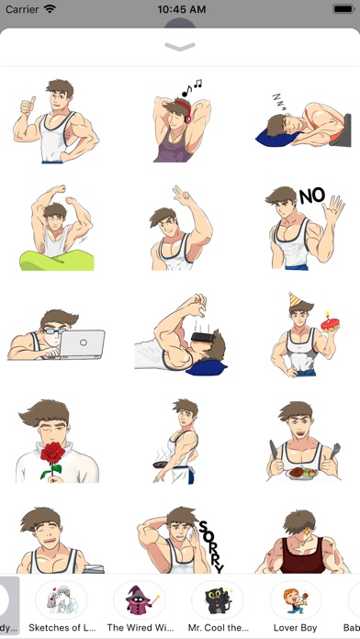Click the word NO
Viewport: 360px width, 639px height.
pyautogui.click(x=312, y=196)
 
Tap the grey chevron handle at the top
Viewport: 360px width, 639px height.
pyautogui.click(x=180, y=45)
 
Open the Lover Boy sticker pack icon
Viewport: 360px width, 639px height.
pyautogui.click(x=296, y=600)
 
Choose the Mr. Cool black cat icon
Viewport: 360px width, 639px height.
pyautogui.click(x=218, y=600)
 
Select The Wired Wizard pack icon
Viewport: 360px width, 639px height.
pyautogui.click(x=140, y=600)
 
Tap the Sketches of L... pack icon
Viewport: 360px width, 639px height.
pyautogui.click(x=62, y=600)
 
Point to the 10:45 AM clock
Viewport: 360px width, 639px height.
pyautogui.click(x=180, y=9)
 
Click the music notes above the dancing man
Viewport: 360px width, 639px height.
pyautogui.click(x=191, y=87)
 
